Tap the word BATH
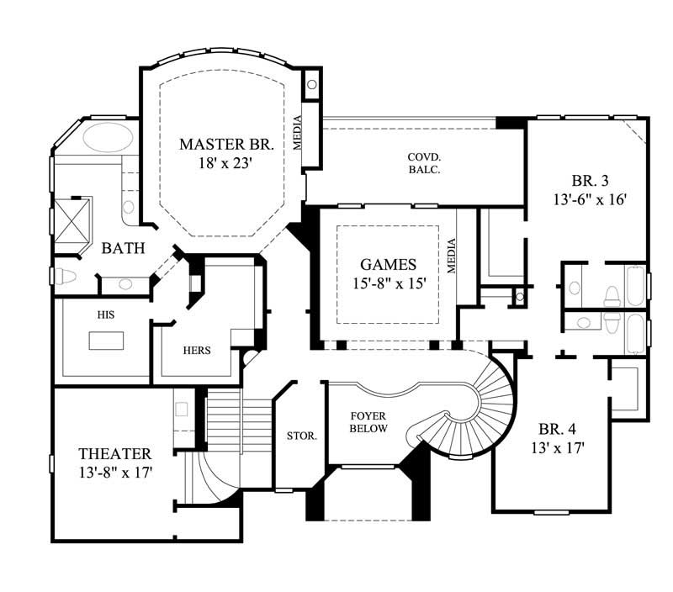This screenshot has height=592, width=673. pos(123,249)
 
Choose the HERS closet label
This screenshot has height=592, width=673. pos(196,350)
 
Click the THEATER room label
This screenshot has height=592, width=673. pos(114,453)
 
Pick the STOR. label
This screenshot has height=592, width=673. pos(302,436)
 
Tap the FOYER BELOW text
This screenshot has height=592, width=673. pos(368,422)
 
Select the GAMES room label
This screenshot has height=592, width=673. pos(389,264)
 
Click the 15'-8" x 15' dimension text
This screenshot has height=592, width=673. pos(389,284)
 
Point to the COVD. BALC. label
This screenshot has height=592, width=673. pos(425,163)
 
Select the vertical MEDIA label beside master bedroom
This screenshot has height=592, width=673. pos(298,133)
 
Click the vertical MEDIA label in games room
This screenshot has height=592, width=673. pos(452,257)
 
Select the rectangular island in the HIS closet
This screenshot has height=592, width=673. pos(106,340)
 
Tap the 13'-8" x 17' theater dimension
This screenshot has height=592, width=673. pos(115,473)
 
